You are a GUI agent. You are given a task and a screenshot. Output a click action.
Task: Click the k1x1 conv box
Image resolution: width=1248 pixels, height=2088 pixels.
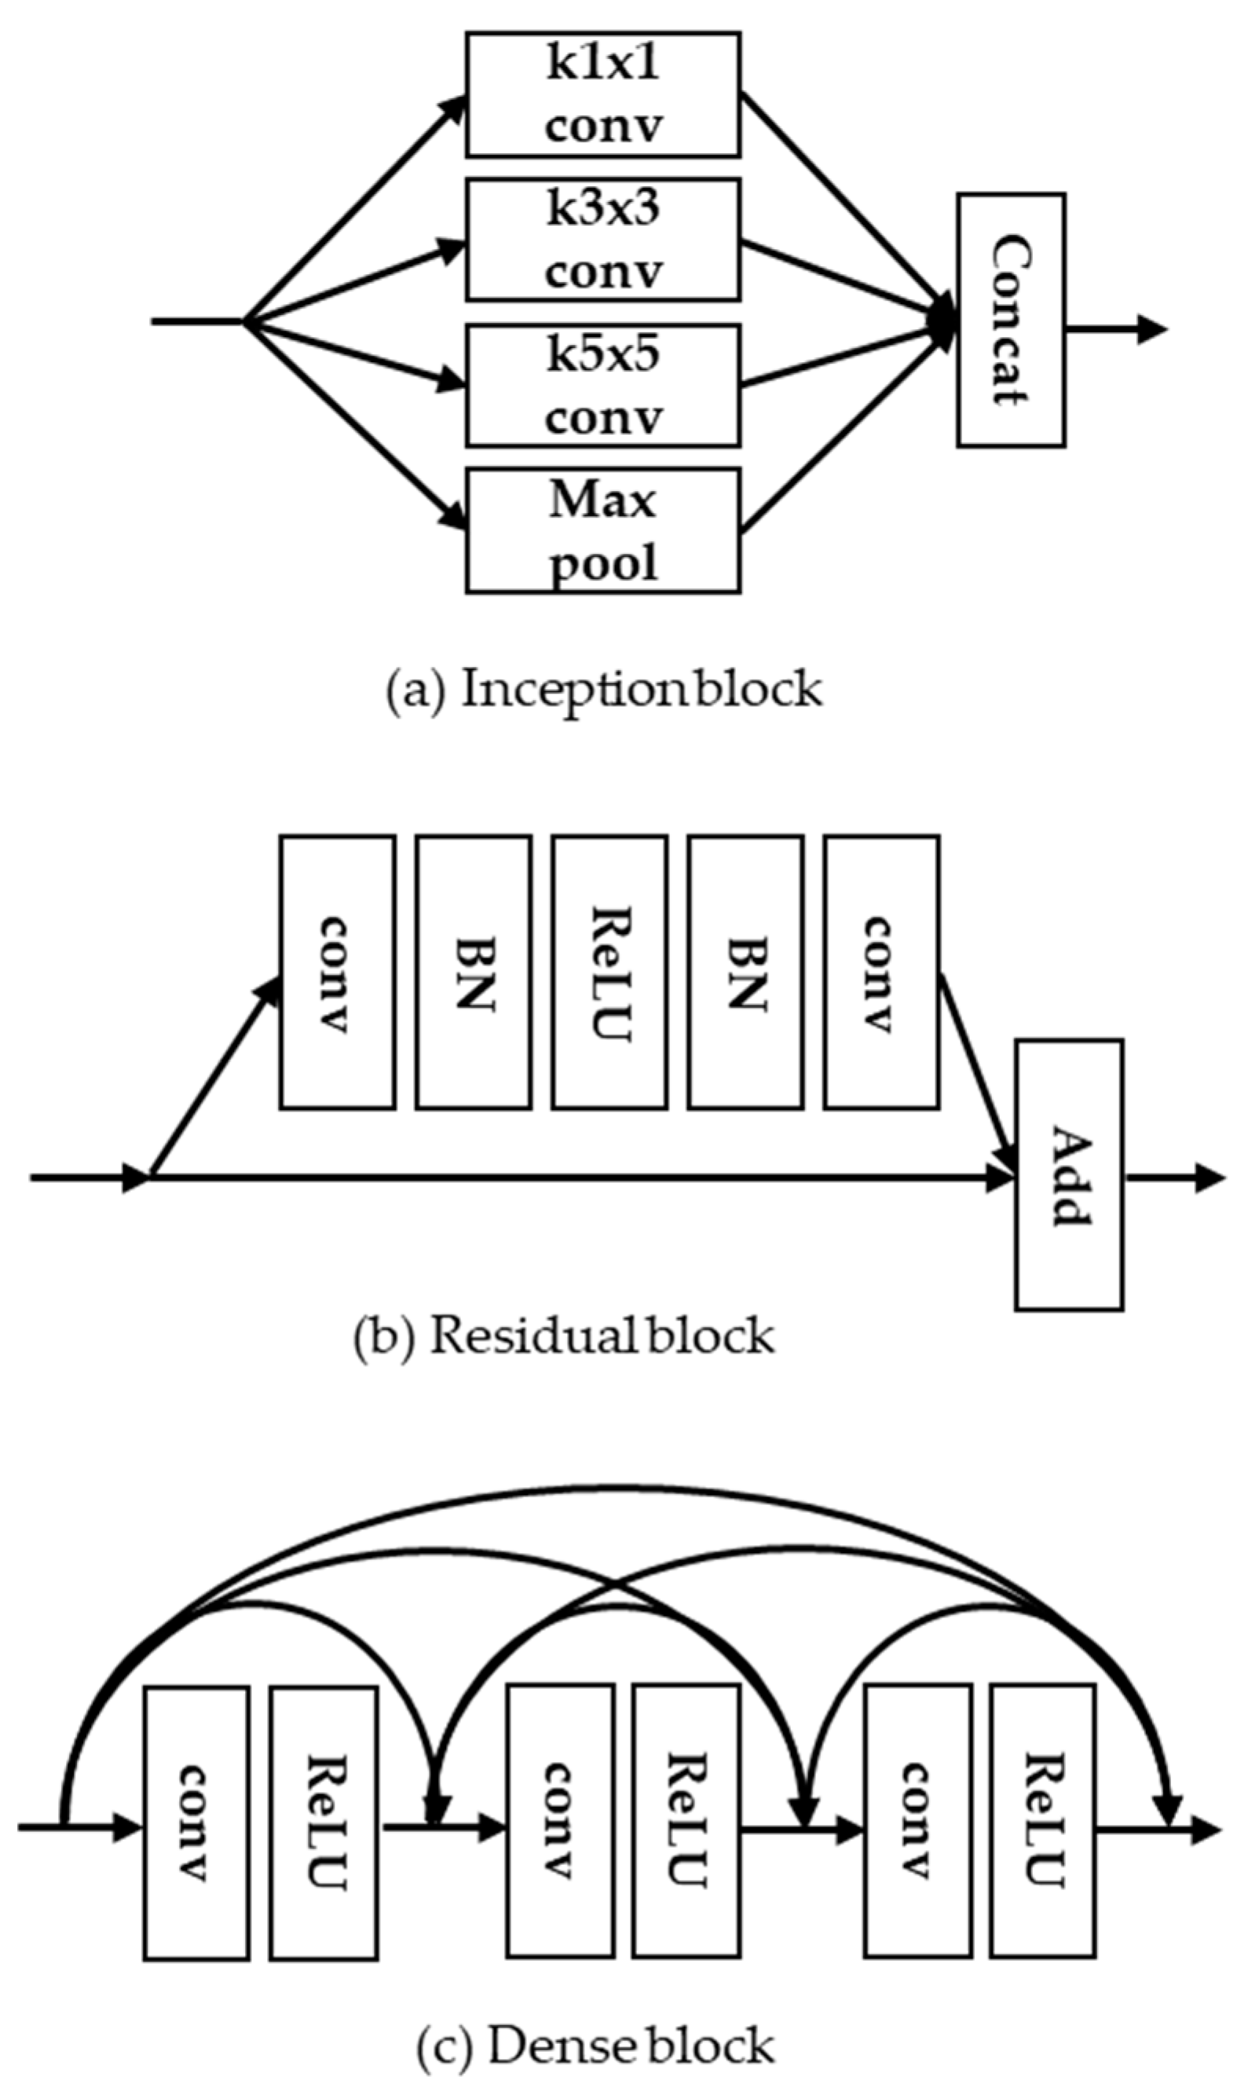(603, 95)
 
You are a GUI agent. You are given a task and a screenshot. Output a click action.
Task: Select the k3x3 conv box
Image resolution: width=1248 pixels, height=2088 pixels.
(603, 240)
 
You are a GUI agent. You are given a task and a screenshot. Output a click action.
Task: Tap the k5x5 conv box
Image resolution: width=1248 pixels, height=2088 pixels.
(603, 386)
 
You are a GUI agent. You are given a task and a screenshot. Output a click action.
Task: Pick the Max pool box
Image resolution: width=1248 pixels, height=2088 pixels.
(603, 530)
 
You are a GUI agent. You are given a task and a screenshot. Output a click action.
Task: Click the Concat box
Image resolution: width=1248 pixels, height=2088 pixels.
(1011, 321)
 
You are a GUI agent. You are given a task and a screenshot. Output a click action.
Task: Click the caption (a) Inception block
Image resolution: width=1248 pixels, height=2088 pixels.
(603, 690)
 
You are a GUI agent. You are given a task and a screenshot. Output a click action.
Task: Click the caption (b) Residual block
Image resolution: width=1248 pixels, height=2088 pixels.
(563, 1335)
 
